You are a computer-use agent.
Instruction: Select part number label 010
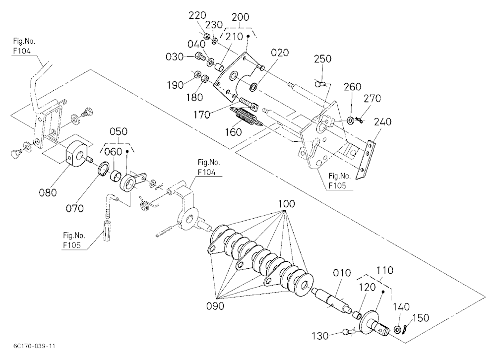click(x=342, y=273)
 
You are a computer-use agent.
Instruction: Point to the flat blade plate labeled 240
click(x=366, y=160)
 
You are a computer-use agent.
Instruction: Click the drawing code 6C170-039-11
click(x=35, y=346)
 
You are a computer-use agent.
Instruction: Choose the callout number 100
click(x=286, y=204)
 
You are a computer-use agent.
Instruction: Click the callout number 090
click(x=215, y=306)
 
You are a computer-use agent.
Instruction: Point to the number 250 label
click(x=323, y=59)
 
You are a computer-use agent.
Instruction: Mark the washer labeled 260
click(x=351, y=120)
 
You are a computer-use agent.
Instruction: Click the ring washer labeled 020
click(x=253, y=86)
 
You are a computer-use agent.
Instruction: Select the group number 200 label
click(x=241, y=17)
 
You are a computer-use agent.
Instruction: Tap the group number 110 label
click(x=385, y=270)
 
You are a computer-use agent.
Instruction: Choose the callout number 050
click(x=119, y=131)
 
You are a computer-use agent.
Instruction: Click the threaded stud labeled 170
click(x=249, y=103)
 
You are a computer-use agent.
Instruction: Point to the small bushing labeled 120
click(x=357, y=315)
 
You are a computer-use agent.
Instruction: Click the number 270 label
click(x=372, y=99)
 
